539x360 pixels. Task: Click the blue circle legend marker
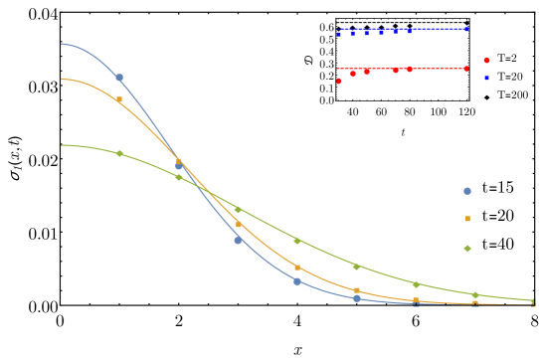point(467,191)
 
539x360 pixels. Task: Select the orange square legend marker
point(467,219)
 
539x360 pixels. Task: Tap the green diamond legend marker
point(467,248)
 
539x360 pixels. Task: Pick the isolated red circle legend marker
point(486,61)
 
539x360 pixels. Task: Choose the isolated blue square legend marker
point(486,78)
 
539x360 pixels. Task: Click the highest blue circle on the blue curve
point(119,78)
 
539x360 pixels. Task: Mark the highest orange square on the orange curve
point(119,99)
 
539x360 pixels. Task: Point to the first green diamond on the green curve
point(119,153)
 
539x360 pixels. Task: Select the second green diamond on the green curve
point(179,177)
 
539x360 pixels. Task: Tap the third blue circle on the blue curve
point(238,240)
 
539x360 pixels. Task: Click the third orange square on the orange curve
point(239,225)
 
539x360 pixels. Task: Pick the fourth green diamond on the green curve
point(297,241)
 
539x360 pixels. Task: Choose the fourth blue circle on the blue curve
point(297,281)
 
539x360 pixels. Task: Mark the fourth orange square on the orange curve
point(297,268)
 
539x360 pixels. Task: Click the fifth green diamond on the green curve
point(356,267)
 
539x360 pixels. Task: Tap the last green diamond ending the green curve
point(533,301)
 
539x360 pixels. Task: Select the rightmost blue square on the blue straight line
point(466,29)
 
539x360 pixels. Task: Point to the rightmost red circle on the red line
point(466,69)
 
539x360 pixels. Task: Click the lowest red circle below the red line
point(338,81)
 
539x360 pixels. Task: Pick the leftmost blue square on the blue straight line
point(338,34)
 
